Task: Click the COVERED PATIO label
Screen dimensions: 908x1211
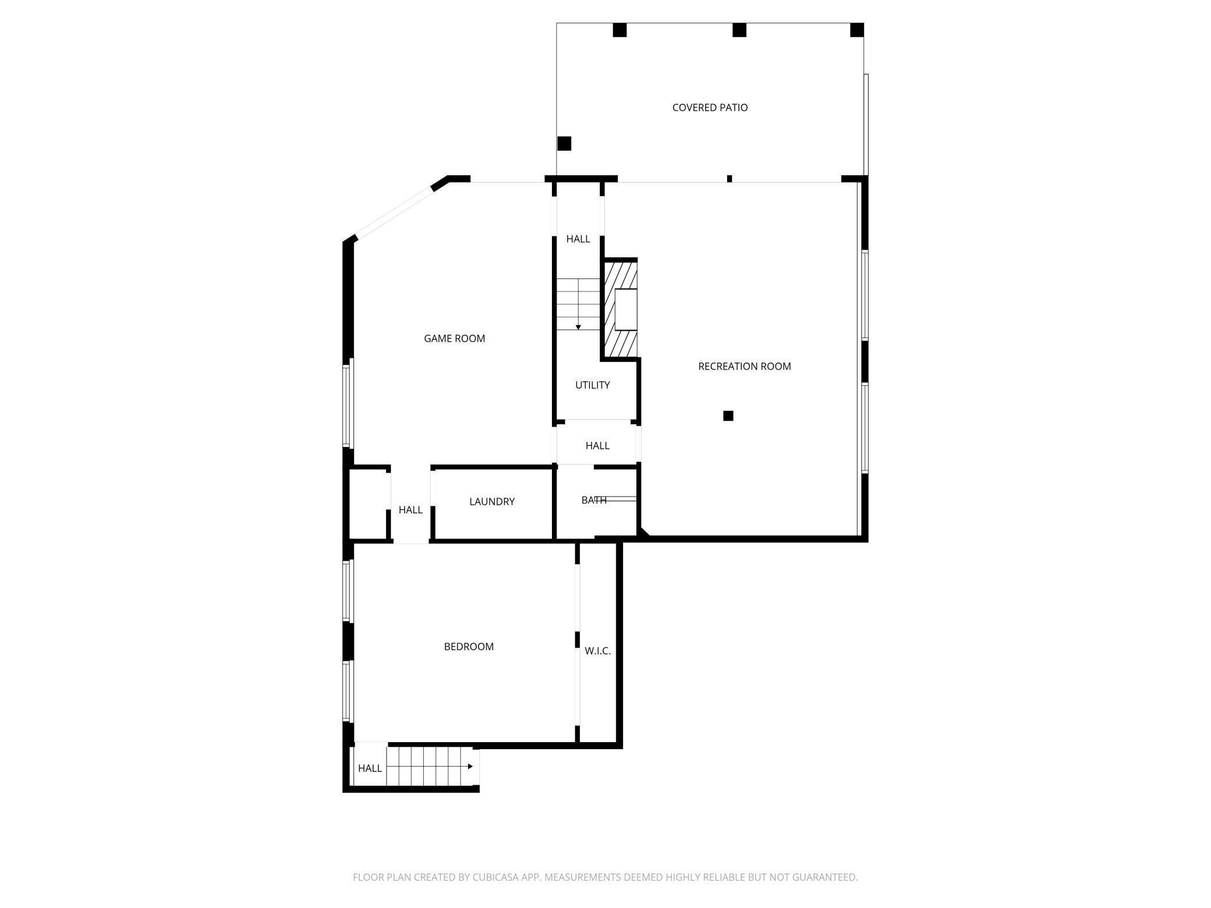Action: tap(710, 108)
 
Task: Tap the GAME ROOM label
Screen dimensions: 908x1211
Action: tap(454, 339)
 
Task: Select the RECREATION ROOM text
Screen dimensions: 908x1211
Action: tap(744, 367)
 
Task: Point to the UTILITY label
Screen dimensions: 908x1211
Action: tap(592, 385)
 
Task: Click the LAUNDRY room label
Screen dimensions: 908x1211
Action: tap(492, 502)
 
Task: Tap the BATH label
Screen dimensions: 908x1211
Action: tap(593, 501)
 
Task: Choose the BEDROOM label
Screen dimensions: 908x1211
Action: tap(469, 647)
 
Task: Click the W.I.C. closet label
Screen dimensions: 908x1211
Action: tap(597, 651)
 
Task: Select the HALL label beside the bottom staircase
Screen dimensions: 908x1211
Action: tap(370, 768)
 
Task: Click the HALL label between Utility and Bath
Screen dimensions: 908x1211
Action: tap(597, 446)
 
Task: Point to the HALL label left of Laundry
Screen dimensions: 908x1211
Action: tap(410, 510)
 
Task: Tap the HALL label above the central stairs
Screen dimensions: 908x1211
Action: tap(578, 239)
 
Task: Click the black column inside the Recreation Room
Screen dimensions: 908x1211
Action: tap(728, 416)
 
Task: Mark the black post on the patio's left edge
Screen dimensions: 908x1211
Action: tap(564, 143)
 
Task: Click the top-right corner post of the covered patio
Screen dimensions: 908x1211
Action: tap(856, 30)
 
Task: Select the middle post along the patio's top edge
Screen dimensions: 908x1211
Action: tap(739, 30)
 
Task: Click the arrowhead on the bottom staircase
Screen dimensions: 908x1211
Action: tap(470, 767)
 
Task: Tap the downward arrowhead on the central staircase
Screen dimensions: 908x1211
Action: tap(578, 327)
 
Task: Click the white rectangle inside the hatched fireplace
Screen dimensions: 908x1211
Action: tap(626, 310)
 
